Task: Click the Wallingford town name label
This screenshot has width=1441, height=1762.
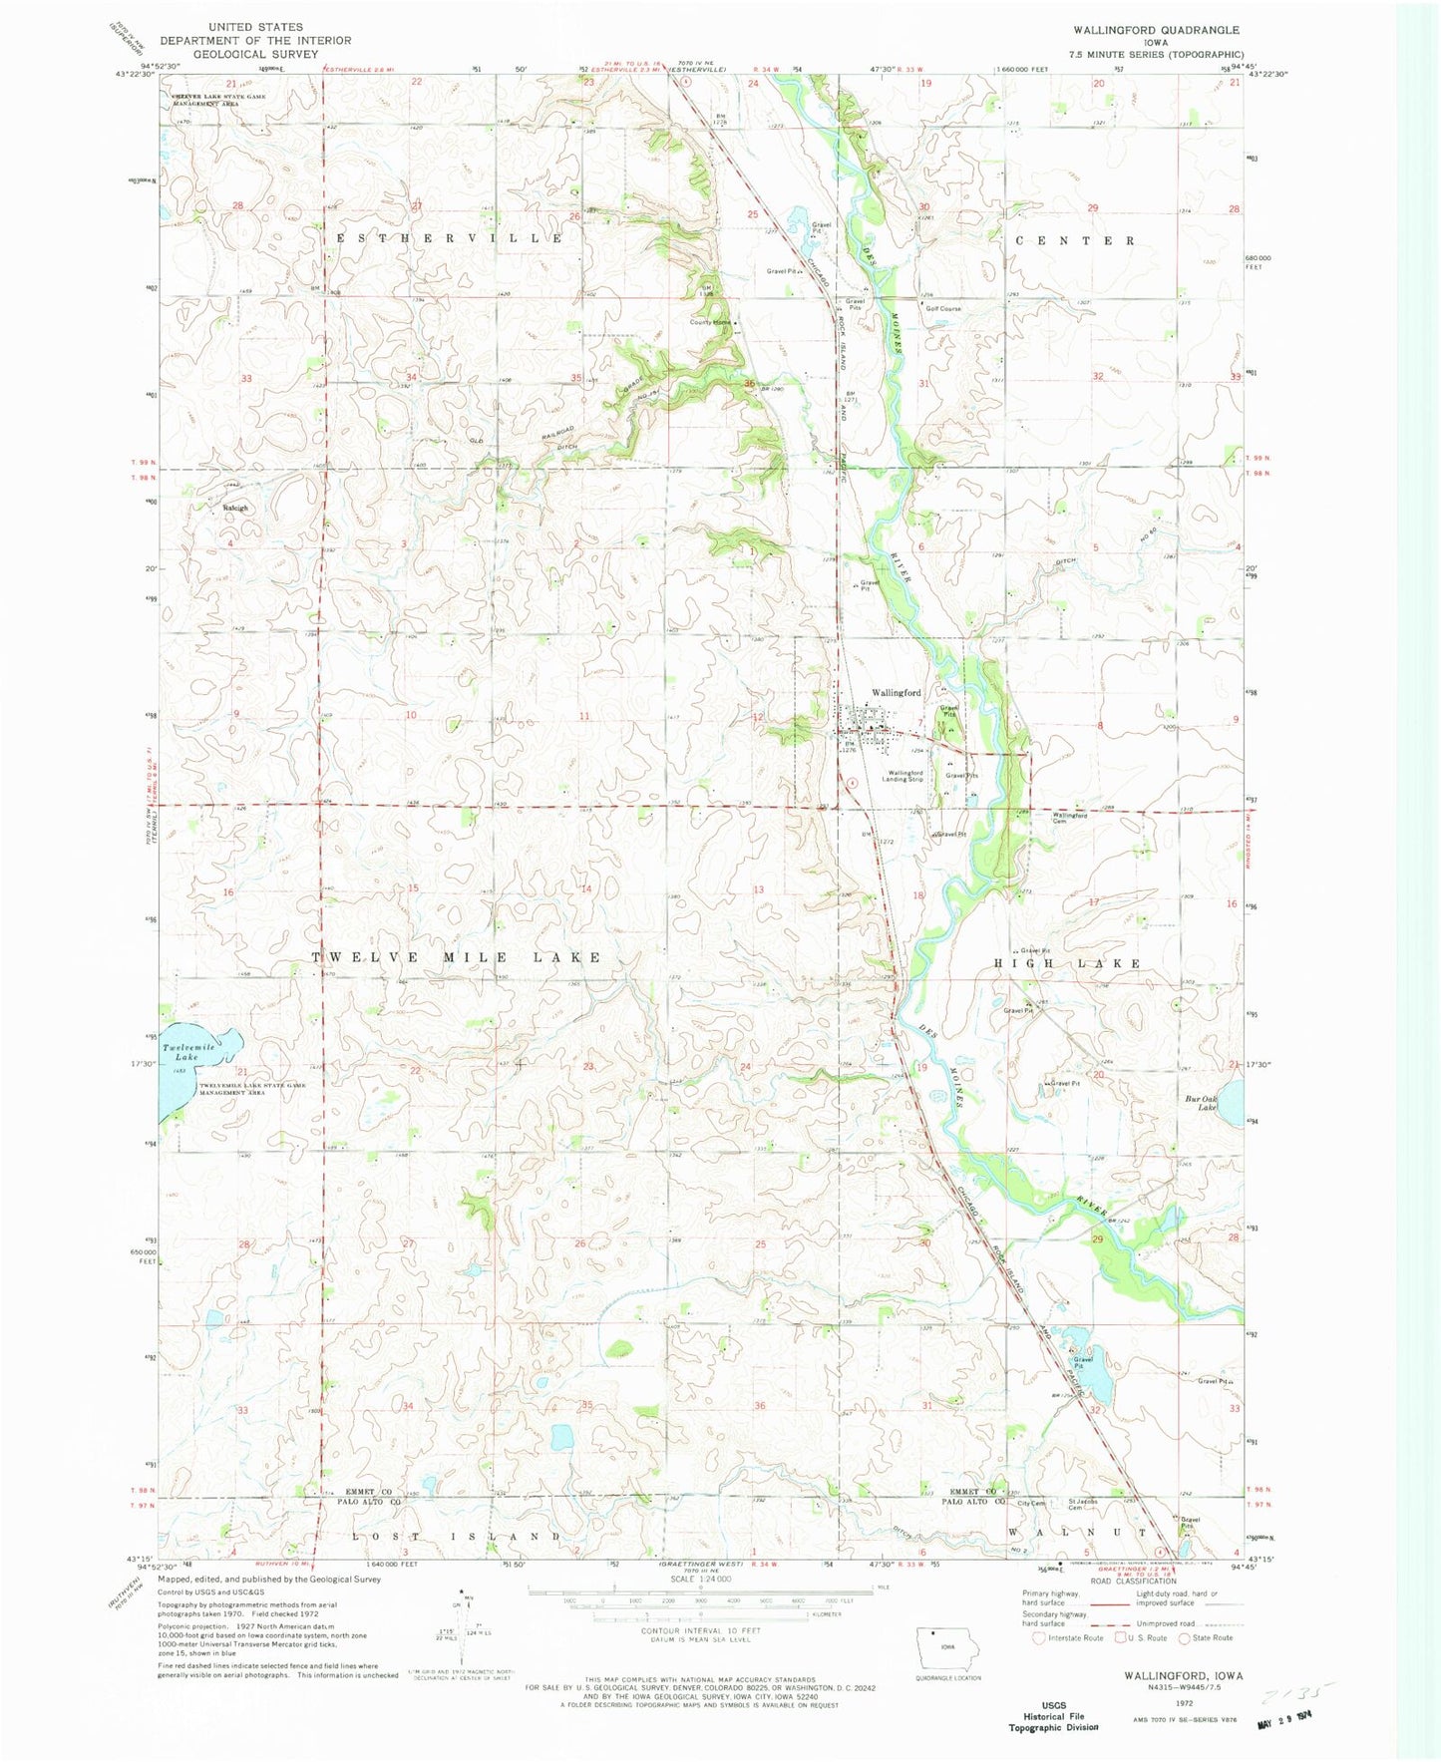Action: pos(896,692)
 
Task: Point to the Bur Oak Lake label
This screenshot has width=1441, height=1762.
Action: pos(1201,1104)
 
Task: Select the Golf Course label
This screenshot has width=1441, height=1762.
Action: pos(942,309)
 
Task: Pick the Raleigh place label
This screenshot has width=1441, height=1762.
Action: pos(234,508)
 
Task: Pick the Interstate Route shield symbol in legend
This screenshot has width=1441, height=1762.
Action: pos(1039,1637)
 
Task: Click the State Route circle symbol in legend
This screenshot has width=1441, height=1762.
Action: pos(1185,1637)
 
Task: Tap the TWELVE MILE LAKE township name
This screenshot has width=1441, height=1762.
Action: pos(457,957)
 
